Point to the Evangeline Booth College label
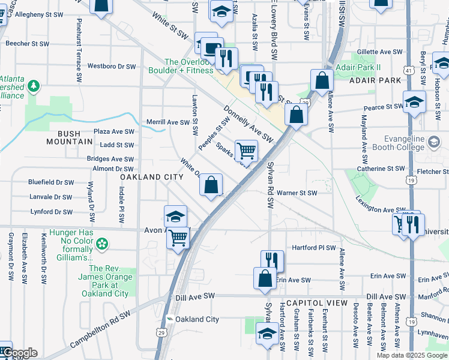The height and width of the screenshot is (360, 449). coord(418,143)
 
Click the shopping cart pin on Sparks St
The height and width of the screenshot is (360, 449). coord(246,151)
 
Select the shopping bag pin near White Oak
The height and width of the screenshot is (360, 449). coord(211,185)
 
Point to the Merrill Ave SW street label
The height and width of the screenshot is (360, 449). coord(168,122)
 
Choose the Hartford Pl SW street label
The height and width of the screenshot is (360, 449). coord(313,247)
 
